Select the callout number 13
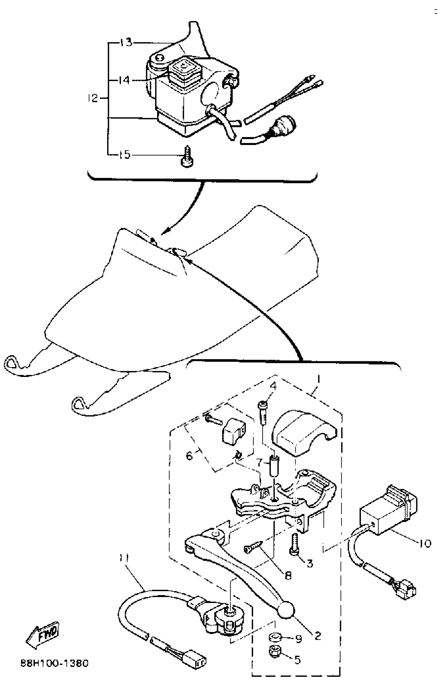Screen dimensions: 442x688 point(126,42)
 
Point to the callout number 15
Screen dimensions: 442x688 point(125,155)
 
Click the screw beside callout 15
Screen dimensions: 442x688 point(187,157)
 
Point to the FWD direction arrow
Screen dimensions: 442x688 point(43,635)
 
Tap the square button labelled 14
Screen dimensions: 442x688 point(182,68)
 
